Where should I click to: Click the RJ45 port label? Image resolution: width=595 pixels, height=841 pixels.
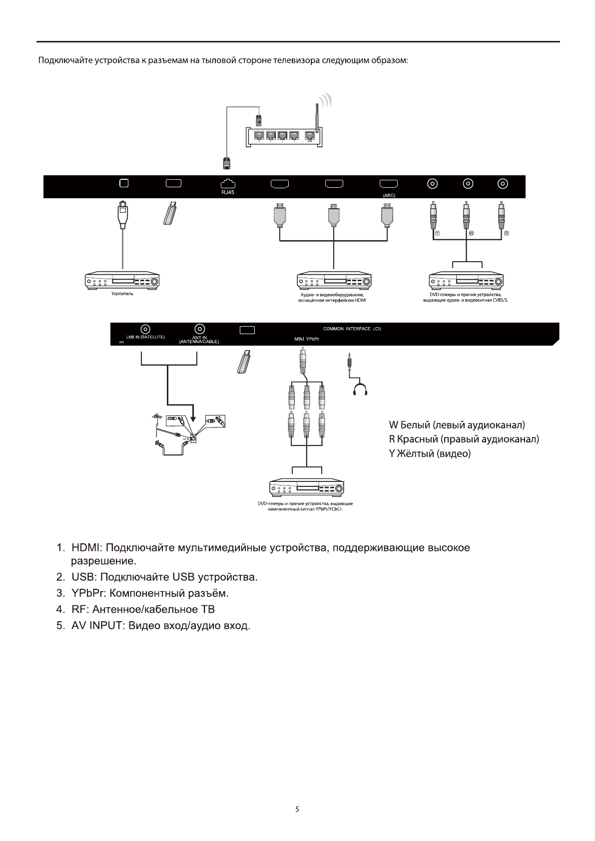[227, 192]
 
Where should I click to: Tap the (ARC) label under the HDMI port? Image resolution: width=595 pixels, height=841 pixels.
[389, 195]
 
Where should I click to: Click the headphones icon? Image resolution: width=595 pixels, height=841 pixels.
[360, 390]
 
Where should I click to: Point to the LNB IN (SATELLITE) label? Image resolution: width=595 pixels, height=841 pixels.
[145, 337]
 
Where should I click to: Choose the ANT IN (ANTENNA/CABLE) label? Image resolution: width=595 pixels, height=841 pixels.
[199, 340]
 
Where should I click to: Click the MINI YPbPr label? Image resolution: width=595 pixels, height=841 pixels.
[307, 339]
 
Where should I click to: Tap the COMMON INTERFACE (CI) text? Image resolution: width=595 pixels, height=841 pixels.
[356, 329]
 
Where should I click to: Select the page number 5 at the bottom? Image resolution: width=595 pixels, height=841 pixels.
[297, 810]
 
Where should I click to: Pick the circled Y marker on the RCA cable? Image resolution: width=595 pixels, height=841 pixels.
[437, 234]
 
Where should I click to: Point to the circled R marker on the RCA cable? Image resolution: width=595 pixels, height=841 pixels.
[506, 234]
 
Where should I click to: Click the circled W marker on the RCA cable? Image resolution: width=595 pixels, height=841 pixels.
[471, 234]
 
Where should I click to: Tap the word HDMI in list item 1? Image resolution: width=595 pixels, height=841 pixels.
[87, 548]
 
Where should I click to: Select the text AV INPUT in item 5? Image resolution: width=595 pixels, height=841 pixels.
[97, 625]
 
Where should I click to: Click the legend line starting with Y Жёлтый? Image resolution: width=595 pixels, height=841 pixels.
[430, 454]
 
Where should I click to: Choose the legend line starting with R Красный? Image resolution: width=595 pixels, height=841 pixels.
[464, 439]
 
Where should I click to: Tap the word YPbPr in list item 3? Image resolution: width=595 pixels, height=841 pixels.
[88, 594]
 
